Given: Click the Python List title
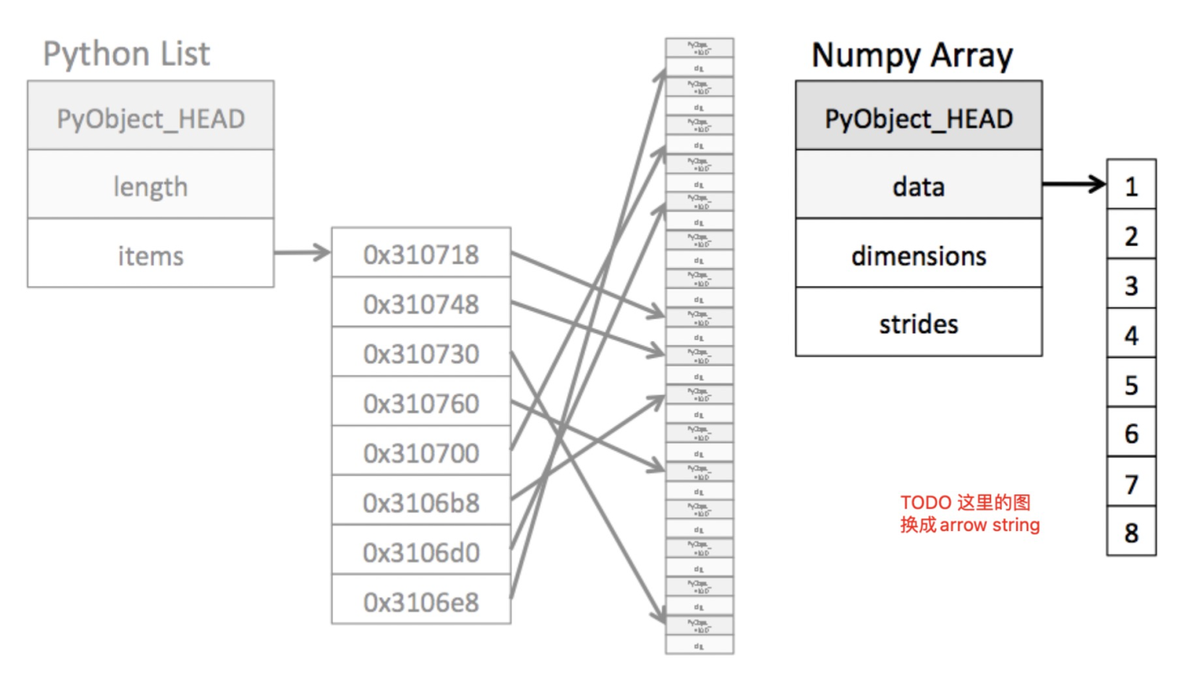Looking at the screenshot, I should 126,54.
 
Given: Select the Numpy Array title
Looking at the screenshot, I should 911,56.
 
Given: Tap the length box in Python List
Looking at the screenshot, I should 150,187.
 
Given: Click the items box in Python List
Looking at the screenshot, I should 150,255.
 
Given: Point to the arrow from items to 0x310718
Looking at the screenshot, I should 302,253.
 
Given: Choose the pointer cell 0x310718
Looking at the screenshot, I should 421,254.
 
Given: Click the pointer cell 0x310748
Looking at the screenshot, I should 421,304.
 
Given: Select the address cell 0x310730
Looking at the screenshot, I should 421,354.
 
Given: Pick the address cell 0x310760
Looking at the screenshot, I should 421,404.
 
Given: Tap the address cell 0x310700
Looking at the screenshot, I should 421,453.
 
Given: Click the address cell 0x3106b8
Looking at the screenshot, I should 421,503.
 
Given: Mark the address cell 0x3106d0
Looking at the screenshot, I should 421,552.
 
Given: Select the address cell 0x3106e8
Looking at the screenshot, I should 421,602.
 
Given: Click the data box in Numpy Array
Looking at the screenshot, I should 919,187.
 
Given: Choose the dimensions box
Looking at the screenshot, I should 919,256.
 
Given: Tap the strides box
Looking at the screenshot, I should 919,324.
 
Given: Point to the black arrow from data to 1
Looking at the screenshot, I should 1074,184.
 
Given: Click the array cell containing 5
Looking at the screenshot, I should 1131,385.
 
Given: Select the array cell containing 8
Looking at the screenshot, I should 1131,533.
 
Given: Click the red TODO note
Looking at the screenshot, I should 969,513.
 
